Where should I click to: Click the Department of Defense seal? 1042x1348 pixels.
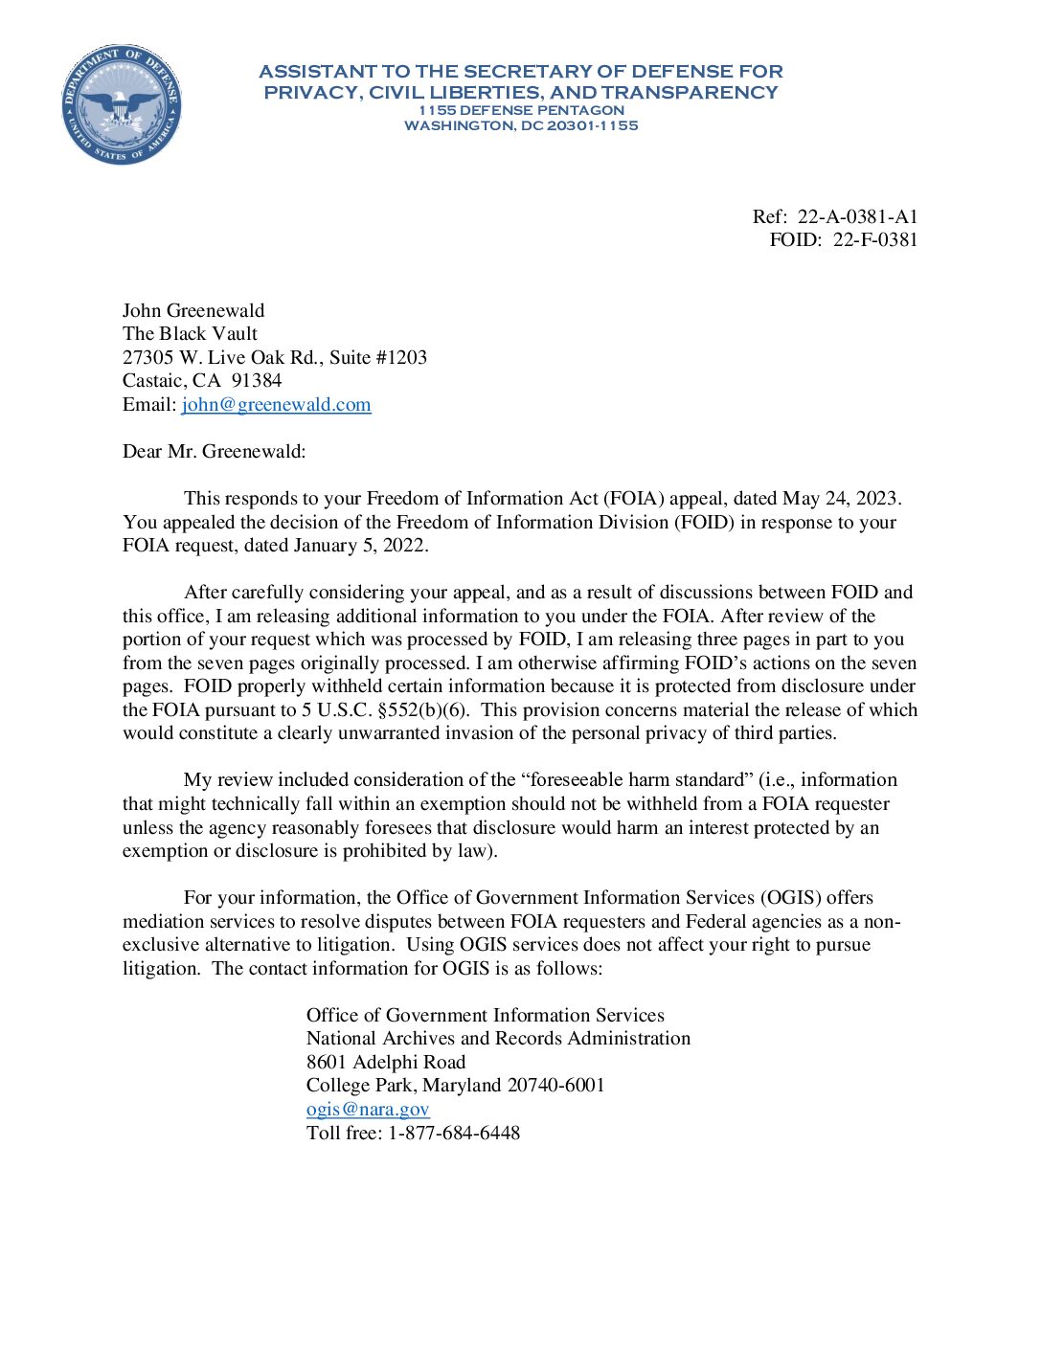122,104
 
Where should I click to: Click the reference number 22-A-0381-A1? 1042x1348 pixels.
857,216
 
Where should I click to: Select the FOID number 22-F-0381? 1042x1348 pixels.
874,239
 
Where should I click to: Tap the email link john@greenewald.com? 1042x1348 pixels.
276,404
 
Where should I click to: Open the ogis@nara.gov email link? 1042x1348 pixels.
368,1109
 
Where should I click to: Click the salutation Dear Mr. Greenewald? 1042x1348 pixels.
214,451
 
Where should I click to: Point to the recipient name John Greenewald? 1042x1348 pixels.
193,310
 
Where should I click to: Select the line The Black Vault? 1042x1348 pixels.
190,333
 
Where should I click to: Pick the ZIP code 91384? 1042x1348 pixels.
257,380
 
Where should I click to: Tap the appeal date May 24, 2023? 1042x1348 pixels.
840,498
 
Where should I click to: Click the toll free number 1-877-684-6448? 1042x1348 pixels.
453,1133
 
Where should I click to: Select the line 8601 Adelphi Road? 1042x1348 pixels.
386,1062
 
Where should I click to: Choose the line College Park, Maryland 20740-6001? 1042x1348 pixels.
455,1085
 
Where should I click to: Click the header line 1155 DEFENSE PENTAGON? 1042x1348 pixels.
521,110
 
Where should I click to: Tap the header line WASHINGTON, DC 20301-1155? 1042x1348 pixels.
521,125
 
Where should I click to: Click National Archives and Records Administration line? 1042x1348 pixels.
498,1038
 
